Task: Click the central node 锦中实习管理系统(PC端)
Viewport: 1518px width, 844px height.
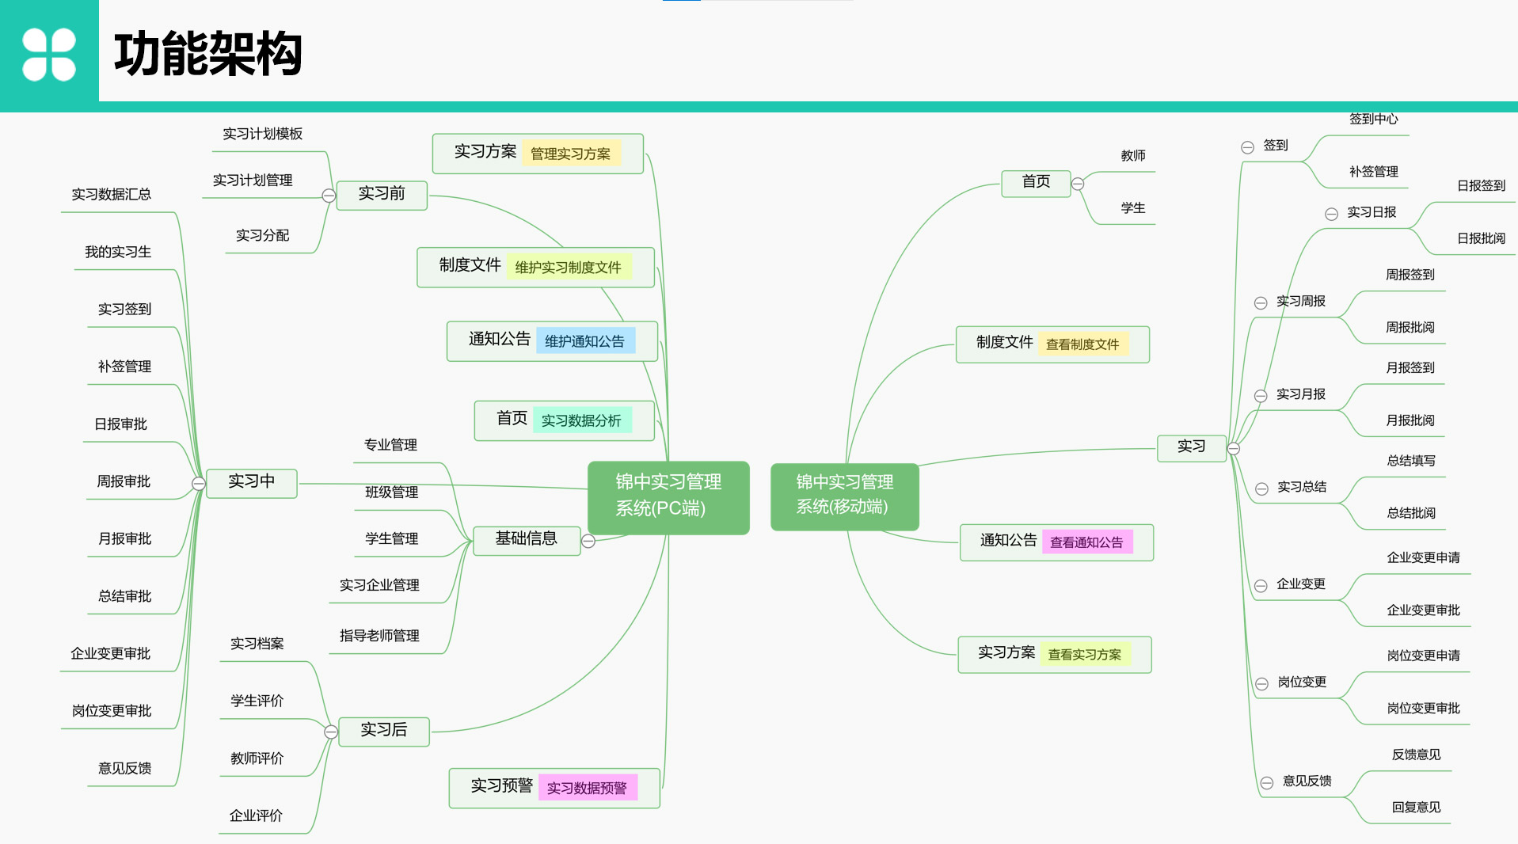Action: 668,496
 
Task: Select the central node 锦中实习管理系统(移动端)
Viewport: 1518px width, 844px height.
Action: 844,496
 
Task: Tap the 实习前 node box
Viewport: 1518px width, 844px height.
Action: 382,195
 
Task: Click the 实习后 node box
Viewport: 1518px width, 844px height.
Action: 384,731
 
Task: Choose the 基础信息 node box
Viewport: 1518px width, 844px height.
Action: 526,540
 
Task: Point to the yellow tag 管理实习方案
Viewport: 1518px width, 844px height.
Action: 570,154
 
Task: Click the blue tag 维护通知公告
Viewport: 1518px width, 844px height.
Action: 584,341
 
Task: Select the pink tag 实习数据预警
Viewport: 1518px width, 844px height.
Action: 587,788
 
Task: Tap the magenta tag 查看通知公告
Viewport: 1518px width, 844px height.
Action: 1086,542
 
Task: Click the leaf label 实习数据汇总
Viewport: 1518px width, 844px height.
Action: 111,195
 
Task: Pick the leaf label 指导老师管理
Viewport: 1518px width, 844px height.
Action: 379,636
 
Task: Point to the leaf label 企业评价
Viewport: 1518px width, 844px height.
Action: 256,815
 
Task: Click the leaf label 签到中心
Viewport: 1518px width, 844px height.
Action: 1374,120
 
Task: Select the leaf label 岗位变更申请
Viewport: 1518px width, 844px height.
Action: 1423,656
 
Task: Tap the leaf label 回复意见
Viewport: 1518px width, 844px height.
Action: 1416,808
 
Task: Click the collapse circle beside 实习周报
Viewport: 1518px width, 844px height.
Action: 1261,303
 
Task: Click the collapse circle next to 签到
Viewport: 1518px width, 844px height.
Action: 1247,147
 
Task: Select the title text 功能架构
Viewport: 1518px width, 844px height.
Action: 208,54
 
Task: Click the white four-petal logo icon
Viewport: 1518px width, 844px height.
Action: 49,54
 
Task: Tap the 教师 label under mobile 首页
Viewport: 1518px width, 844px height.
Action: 1133,156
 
